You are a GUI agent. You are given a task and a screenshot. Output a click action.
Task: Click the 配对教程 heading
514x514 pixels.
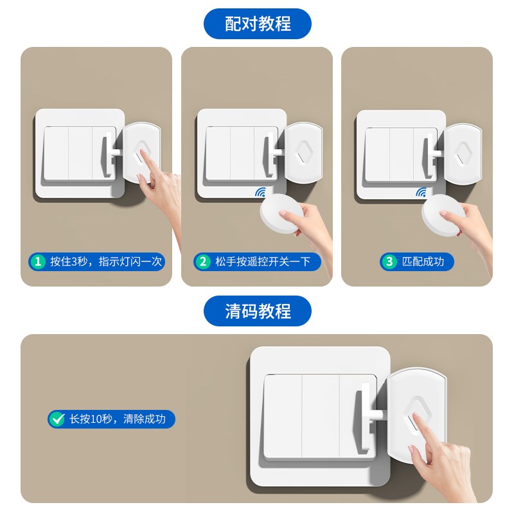[257, 24]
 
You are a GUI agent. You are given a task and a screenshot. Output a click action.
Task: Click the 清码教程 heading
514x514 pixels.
[257, 312]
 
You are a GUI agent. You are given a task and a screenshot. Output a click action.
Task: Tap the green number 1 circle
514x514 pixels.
[39, 261]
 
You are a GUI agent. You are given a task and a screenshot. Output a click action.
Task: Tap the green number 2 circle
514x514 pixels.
[204, 261]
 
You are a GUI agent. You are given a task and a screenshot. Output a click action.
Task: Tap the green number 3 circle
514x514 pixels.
[389, 261]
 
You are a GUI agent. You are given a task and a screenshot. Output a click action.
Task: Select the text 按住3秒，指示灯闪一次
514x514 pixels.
[106, 261]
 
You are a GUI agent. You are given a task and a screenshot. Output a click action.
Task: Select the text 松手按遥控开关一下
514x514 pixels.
[263, 261]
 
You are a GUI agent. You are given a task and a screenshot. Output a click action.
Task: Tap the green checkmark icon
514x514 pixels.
[57, 420]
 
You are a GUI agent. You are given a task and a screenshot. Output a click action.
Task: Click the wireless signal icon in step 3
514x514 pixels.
[421, 192]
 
